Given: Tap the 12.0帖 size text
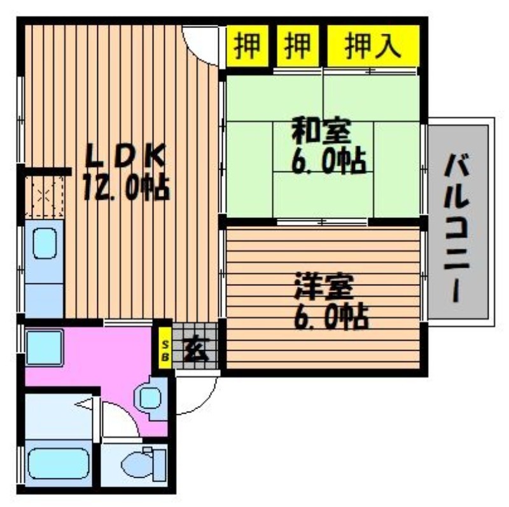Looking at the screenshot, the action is [126, 187].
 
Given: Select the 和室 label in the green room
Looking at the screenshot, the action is [321, 131].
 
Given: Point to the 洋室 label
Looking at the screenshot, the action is [324, 287].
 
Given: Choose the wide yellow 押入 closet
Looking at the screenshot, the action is [373, 46].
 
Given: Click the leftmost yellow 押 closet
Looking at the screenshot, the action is [248, 46].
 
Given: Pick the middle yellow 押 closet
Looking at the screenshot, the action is [298, 46].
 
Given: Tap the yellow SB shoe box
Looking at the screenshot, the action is [165, 348].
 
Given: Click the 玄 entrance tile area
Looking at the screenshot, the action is [195, 346].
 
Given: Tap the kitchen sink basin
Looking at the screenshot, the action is [45, 243].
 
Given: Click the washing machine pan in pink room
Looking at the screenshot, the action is [44, 348].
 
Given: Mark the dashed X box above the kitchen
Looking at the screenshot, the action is [44, 196].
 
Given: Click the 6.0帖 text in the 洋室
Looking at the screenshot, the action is [331, 316].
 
